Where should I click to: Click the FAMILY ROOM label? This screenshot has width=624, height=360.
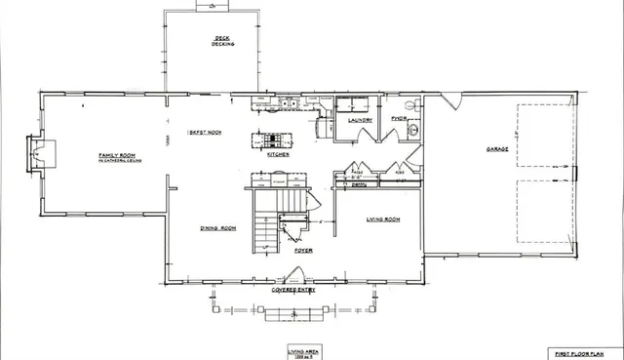point(114,155)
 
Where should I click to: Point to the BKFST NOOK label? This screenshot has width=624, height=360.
point(205,132)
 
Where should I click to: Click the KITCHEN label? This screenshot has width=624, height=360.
point(278,154)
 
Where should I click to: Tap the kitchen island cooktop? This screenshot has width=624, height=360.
point(273,140)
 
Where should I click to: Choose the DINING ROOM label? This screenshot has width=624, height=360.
point(219,227)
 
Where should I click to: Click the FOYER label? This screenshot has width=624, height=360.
point(303,250)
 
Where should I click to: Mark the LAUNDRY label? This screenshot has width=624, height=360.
point(360,120)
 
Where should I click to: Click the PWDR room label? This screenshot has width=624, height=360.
point(398,119)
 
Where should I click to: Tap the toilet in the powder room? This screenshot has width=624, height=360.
point(410,103)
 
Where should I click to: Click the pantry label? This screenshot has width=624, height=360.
point(359,182)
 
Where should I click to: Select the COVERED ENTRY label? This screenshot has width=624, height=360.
point(293,290)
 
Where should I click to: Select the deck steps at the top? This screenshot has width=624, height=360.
point(211,5)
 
